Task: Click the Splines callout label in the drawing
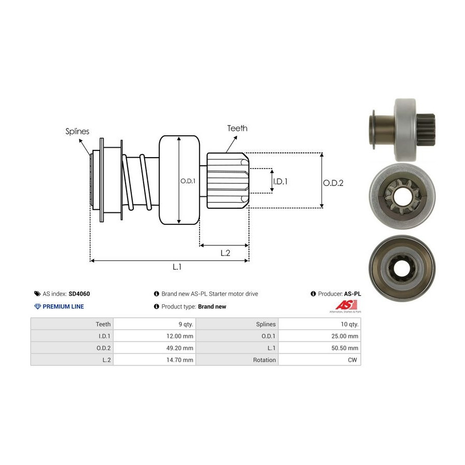pos(77,131)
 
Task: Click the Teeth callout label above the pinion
pos(237,128)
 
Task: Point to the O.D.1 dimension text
pos(187,181)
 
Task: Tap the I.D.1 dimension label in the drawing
pos(280,181)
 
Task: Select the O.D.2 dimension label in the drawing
pos(333,182)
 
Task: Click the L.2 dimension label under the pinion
pos(225,253)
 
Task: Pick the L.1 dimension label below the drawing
pos(177,267)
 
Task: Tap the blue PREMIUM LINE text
pos(63,306)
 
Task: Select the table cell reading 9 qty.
pos(184,324)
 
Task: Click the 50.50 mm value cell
pos(346,348)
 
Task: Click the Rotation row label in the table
pos(265,360)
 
